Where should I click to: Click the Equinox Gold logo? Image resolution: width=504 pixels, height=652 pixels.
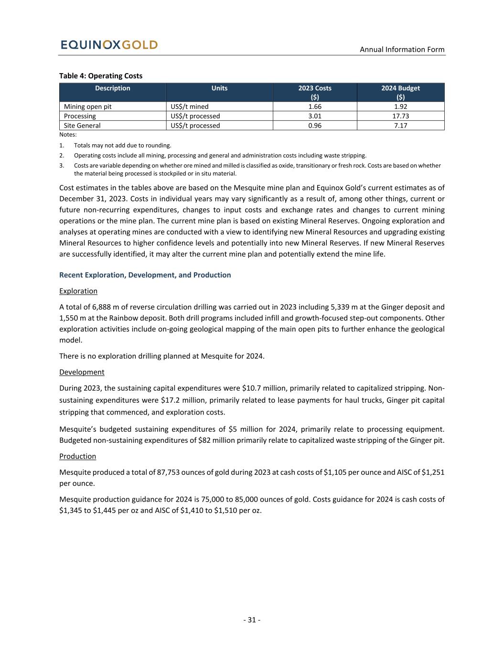click(109, 45)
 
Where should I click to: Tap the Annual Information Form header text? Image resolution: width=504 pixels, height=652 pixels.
click(402, 50)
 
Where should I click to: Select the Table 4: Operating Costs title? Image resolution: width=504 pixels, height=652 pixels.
click(101, 76)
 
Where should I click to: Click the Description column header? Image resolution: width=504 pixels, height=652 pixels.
click(113, 88)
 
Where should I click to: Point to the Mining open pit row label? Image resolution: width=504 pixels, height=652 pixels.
click(87, 107)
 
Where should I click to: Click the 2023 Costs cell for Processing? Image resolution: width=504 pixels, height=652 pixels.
click(315, 116)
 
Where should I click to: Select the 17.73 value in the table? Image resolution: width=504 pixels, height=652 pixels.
click(400, 116)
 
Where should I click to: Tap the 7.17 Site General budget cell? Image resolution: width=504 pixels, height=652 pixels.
click(400, 126)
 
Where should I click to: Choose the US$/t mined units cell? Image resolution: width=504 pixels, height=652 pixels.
click(190, 107)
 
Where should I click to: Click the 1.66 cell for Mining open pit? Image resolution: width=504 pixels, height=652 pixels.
click(315, 107)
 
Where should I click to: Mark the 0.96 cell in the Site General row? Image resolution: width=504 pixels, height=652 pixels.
click(315, 126)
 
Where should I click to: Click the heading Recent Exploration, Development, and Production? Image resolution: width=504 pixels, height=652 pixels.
click(145, 275)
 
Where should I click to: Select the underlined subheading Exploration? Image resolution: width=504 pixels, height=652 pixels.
click(78, 291)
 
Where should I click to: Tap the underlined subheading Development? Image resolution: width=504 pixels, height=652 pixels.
click(82, 372)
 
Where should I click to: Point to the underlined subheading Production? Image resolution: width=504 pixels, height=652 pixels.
click(77, 456)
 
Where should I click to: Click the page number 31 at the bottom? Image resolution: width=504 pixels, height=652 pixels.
click(252, 620)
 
